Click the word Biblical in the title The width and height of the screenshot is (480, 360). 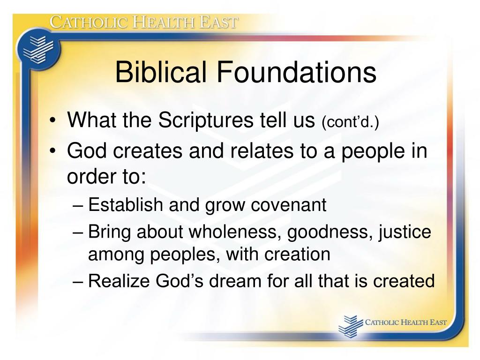pyautogui.click(x=160, y=73)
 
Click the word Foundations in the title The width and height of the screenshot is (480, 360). pyautogui.click(x=296, y=73)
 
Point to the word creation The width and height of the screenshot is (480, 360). pyautogui.click(x=297, y=255)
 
